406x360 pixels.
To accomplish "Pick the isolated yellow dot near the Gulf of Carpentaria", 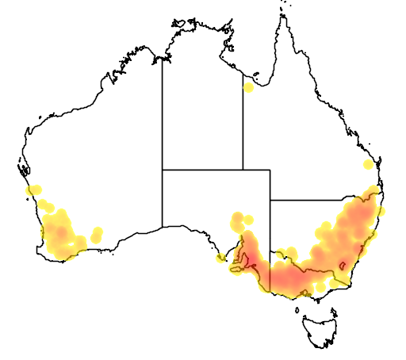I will (249, 86).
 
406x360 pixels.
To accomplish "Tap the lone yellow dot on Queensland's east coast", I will (367, 165).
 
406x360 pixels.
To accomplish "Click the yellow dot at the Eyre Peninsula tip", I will (220, 258).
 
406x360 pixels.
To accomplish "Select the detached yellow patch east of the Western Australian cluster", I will (97, 233).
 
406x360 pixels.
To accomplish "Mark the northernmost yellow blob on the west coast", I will (33, 190).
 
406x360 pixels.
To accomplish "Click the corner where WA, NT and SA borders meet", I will (163, 169).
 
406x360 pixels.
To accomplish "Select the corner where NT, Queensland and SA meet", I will (243, 169).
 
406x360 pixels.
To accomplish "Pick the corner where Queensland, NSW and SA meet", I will (270, 201).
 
